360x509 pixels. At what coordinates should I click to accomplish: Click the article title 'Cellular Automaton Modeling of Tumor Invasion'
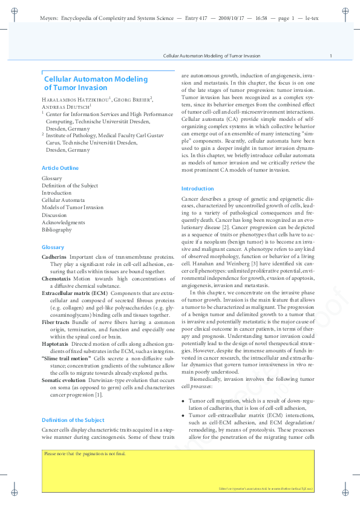coord(96,83)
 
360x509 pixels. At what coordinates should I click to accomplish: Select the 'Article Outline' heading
coord(60,167)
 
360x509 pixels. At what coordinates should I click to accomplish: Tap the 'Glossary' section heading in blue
coord(53,247)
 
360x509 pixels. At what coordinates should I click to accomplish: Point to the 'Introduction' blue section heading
coord(197,189)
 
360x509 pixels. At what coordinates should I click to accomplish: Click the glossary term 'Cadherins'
coord(54,257)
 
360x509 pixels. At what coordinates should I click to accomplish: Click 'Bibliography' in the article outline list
coord(56,230)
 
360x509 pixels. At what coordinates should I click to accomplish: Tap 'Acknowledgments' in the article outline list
coord(64,222)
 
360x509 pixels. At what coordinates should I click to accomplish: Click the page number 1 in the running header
coord(330,56)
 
